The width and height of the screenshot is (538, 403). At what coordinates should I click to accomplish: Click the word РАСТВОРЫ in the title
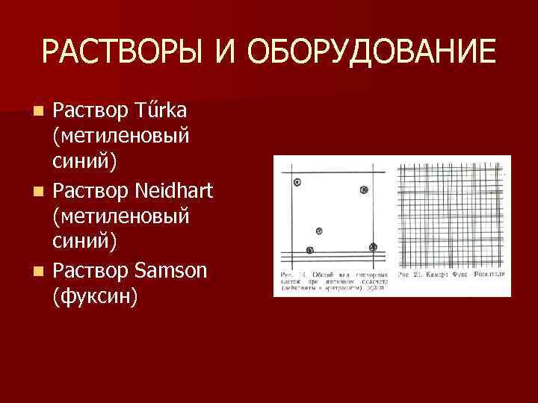click(122, 52)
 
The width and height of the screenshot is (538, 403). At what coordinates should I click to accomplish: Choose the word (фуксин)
click(95, 297)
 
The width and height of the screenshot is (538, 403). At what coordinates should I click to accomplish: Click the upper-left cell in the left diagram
click(297, 182)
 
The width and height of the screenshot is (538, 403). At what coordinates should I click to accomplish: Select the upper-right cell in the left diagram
click(364, 190)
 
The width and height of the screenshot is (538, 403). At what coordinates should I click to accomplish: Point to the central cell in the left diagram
click(319, 231)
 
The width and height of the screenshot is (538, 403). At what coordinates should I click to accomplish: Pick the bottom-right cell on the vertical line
click(371, 246)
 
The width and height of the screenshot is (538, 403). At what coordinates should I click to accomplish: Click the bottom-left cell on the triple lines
click(310, 250)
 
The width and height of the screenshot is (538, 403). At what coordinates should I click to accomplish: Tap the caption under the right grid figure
click(453, 275)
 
